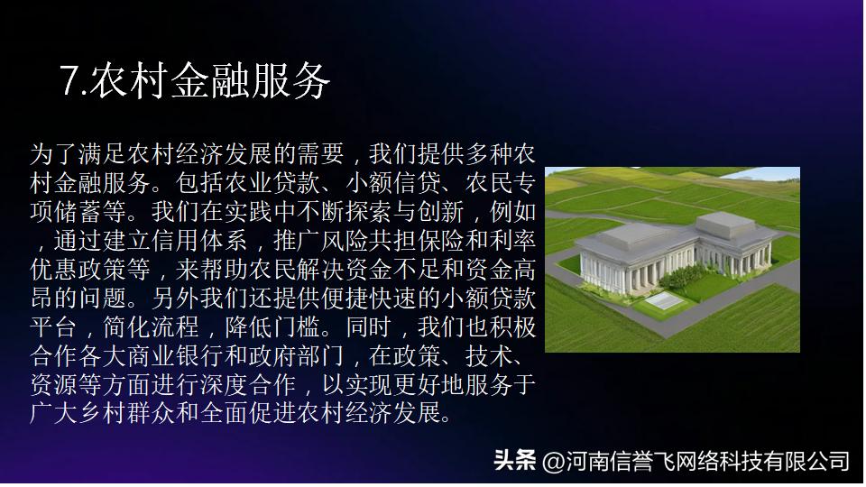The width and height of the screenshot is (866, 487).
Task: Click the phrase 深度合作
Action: (x=255, y=386)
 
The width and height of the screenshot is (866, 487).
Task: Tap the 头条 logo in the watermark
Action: (x=515, y=461)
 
